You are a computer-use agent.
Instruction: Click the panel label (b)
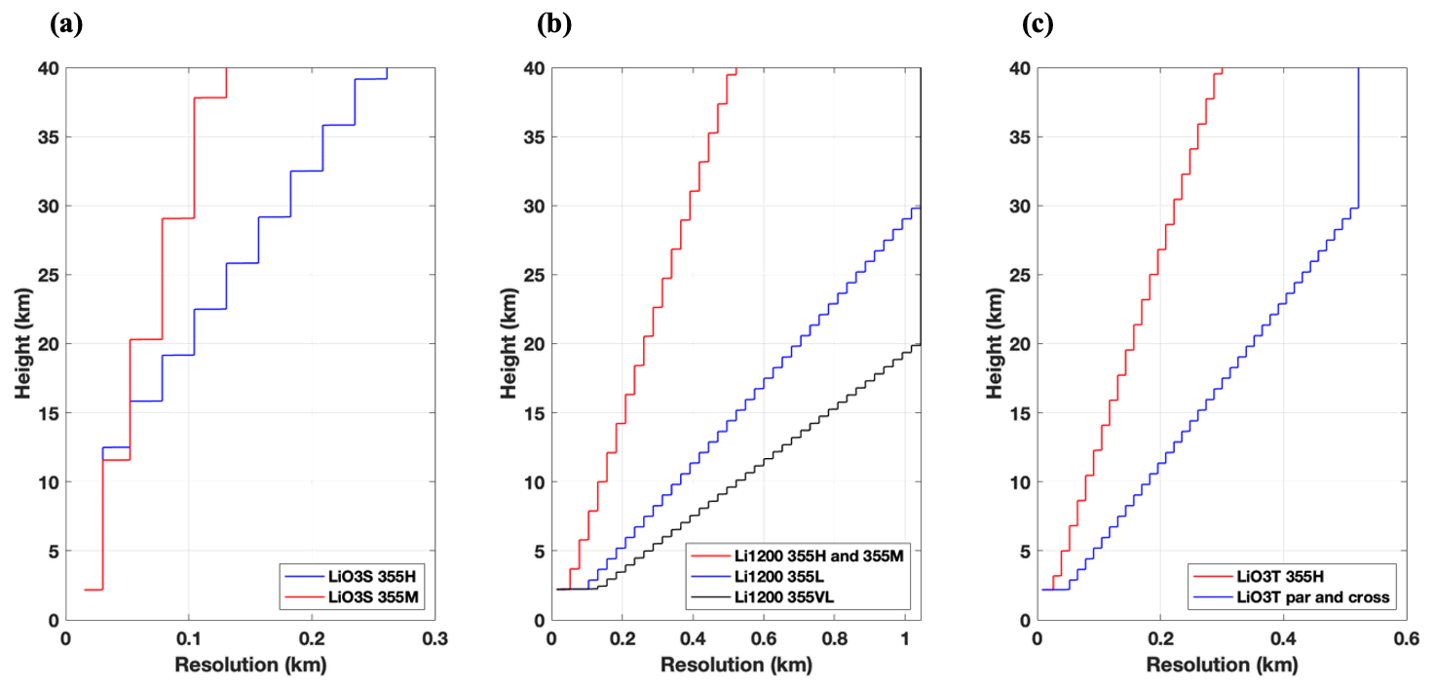(553, 25)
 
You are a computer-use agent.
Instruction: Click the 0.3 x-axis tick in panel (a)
(434, 639)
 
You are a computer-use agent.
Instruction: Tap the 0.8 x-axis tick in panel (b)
(834, 639)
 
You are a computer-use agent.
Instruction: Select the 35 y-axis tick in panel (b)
(533, 136)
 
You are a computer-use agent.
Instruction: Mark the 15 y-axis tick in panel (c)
(1019, 413)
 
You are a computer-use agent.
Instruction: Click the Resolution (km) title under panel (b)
(736, 667)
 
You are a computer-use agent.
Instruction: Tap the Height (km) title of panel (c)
(996, 344)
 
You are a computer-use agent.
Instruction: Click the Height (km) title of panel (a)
(23, 344)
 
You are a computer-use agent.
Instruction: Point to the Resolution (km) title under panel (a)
(250, 667)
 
